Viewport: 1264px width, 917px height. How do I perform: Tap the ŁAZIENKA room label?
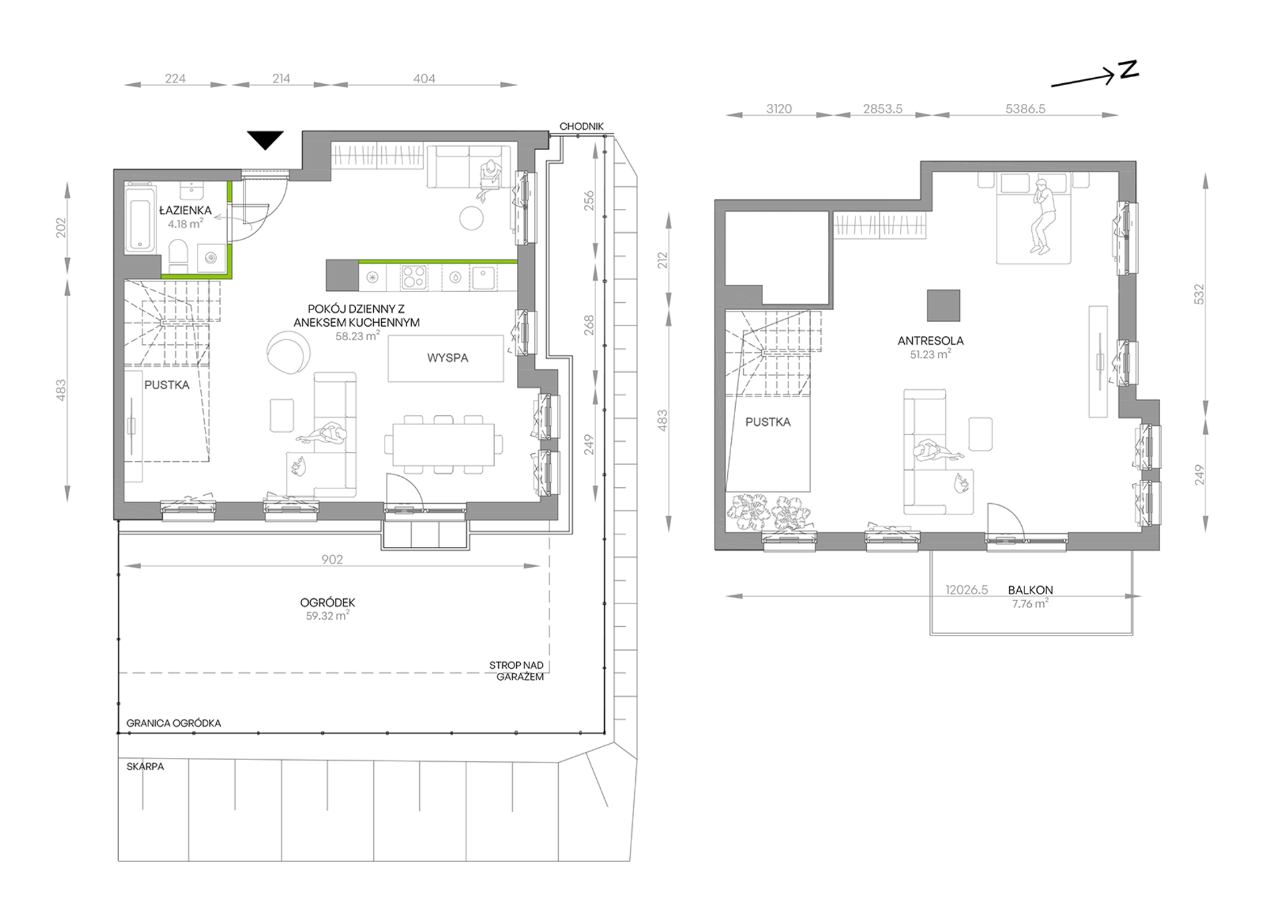pos(186,210)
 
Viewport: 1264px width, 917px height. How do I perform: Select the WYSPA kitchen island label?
pos(448,358)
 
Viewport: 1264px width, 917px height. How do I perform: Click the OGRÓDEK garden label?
pos(328,602)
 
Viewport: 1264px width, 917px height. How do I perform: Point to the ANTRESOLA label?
pos(931,341)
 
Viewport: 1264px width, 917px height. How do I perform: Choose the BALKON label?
pos(1030,590)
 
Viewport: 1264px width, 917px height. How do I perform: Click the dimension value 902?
pos(332,560)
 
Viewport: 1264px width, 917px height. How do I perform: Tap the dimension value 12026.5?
pos(967,590)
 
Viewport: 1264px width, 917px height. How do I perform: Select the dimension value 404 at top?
pos(424,79)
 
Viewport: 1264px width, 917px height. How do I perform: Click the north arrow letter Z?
pos(1129,69)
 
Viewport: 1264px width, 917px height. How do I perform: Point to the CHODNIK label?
pos(581,126)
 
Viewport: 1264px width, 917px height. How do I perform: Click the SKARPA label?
pos(145,767)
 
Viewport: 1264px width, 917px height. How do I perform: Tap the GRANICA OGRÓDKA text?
pos(174,723)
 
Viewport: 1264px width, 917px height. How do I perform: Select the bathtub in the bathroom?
pos(140,218)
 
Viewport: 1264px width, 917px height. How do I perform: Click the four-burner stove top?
pos(414,277)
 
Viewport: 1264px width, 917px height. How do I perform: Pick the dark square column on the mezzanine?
pos(944,305)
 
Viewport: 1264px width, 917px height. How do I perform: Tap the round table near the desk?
pos(472,218)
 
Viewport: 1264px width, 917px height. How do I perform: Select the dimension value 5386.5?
pos(1025,108)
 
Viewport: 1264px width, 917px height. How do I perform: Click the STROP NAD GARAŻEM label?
pos(517,671)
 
